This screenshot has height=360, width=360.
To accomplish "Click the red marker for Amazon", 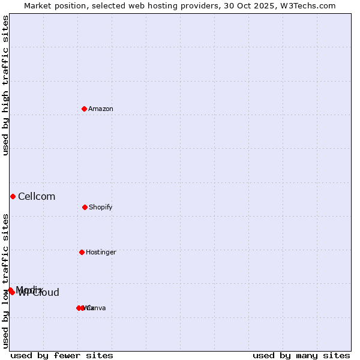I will click(84, 109).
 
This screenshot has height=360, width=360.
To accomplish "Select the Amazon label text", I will click(101, 109).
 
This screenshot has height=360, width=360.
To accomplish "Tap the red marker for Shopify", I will click(85, 207).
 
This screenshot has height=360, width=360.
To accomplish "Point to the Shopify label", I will click(101, 208).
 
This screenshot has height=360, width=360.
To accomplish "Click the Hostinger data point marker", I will click(82, 252).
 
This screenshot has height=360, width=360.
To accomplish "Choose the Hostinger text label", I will click(101, 253).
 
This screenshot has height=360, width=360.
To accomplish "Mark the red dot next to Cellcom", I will click(13, 196).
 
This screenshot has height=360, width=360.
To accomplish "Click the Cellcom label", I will click(37, 197).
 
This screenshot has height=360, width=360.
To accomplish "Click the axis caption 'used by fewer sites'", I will click(62, 356).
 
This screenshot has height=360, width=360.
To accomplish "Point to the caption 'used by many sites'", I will click(301, 356).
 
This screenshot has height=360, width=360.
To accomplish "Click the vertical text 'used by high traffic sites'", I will click(6, 85).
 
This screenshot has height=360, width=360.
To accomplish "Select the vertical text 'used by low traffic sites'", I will click(6, 281).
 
